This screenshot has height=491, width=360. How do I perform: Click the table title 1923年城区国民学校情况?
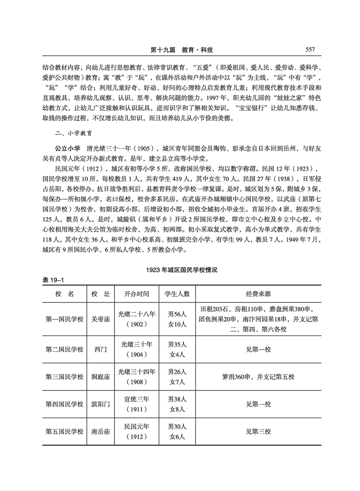[x=180, y=271]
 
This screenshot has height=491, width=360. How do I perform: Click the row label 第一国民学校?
[x=64, y=319]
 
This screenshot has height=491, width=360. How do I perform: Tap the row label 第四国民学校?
[x=64, y=404]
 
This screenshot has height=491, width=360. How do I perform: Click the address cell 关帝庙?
[x=100, y=319]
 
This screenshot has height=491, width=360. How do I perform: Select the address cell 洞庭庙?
[x=100, y=377]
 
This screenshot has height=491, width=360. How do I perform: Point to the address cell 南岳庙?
[x=100, y=432]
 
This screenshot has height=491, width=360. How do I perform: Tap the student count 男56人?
[x=177, y=315]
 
